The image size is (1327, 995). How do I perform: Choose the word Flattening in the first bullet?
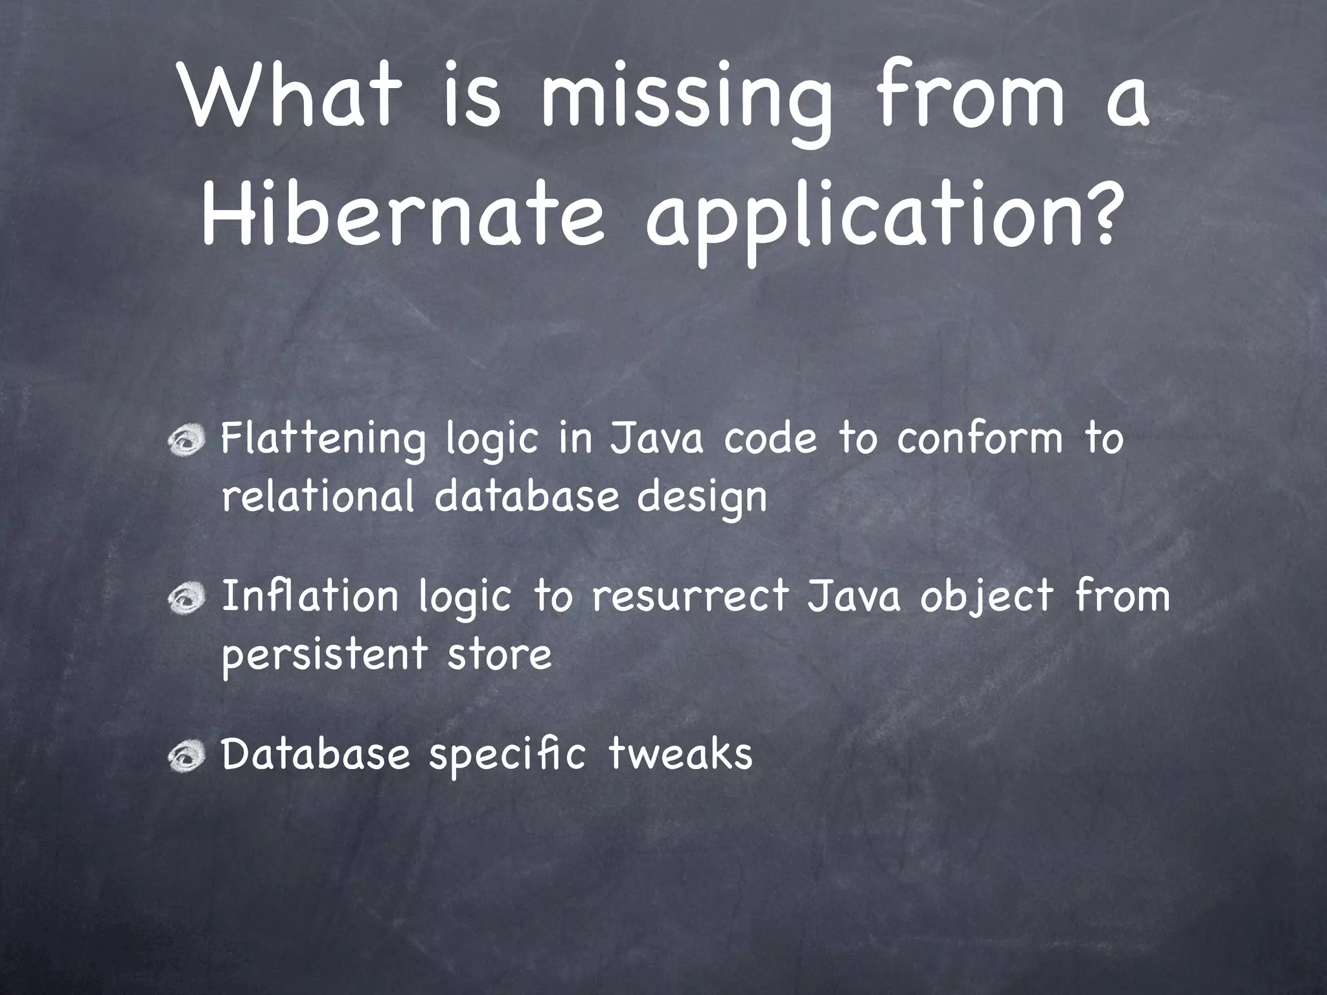tap(323, 440)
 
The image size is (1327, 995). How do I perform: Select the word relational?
tap(317, 497)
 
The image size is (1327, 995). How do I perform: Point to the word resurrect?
tap(691, 596)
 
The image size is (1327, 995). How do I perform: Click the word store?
tap(499, 654)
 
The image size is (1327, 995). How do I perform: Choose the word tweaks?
tap(680, 753)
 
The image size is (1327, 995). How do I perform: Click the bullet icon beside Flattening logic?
tap(187, 441)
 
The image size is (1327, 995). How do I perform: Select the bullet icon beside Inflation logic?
tap(187, 599)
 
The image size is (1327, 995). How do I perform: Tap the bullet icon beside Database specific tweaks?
tap(187, 755)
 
